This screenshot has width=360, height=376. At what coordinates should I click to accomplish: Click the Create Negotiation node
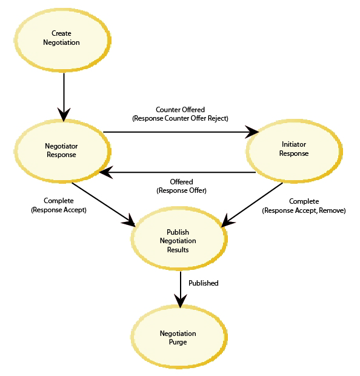(x=62, y=40)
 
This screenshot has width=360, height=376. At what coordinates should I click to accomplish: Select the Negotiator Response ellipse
(x=62, y=151)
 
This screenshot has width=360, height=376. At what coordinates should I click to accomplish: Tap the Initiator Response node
(x=295, y=150)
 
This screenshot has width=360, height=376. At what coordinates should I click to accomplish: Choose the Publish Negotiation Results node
(x=179, y=238)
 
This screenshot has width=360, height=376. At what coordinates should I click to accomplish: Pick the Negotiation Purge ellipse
(x=179, y=337)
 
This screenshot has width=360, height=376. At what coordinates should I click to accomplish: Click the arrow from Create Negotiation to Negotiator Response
(x=64, y=97)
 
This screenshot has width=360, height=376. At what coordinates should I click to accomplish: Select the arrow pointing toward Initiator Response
(x=181, y=132)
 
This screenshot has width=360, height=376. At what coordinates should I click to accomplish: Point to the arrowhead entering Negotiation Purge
(x=180, y=301)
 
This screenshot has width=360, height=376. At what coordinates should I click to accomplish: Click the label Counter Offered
(x=180, y=110)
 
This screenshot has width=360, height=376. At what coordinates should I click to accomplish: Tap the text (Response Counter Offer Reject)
(x=180, y=118)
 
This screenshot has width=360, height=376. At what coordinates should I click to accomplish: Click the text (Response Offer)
(x=181, y=190)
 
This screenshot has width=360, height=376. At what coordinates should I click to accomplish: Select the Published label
(x=204, y=283)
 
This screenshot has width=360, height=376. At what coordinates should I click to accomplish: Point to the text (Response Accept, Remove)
(x=304, y=210)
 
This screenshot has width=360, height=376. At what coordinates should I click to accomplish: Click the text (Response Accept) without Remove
(x=59, y=210)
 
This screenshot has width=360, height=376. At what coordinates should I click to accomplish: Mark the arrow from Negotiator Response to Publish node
(x=104, y=204)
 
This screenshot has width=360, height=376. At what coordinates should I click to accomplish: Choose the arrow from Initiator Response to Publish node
(x=252, y=205)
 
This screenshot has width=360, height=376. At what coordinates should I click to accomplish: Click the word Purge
(x=178, y=342)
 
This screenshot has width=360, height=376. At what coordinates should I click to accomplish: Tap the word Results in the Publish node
(x=178, y=250)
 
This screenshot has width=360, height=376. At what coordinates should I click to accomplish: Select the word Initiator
(x=294, y=144)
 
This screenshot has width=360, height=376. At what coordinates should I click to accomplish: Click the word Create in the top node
(x=61, y=33)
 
